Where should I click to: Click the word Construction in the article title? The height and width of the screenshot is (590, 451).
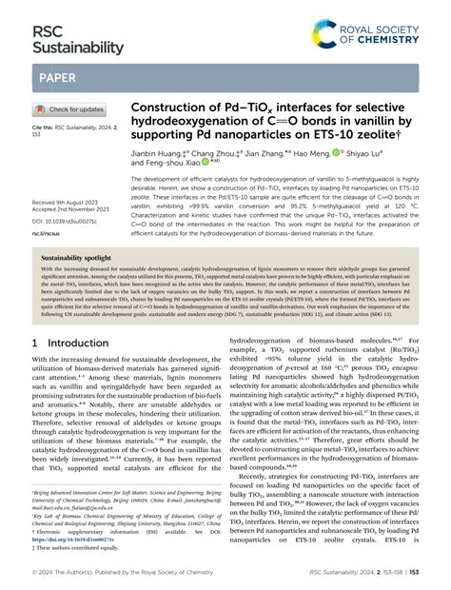[x=167, y=108]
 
